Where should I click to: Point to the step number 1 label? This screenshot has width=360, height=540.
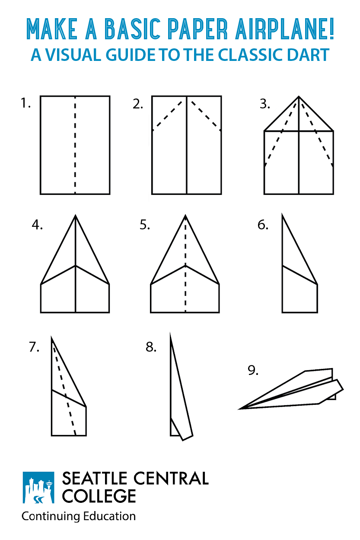[25, 104]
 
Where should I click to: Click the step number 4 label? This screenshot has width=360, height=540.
[37, 225]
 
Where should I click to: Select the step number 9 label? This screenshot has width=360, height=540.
[253, 370]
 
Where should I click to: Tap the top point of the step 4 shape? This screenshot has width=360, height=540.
[76, 216]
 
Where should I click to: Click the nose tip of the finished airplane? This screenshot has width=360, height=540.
[240, 408]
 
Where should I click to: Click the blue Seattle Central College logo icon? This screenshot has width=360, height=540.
[38, 488]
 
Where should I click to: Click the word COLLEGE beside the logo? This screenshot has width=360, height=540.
[99, 496]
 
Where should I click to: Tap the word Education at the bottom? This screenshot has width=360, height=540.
[112, 516]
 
